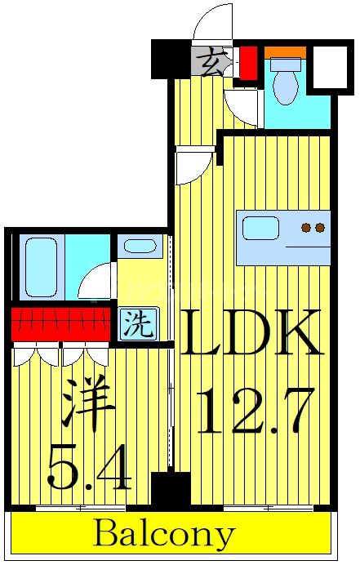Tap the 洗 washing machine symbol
tap(137, 326)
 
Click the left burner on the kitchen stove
tap(306, 228)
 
